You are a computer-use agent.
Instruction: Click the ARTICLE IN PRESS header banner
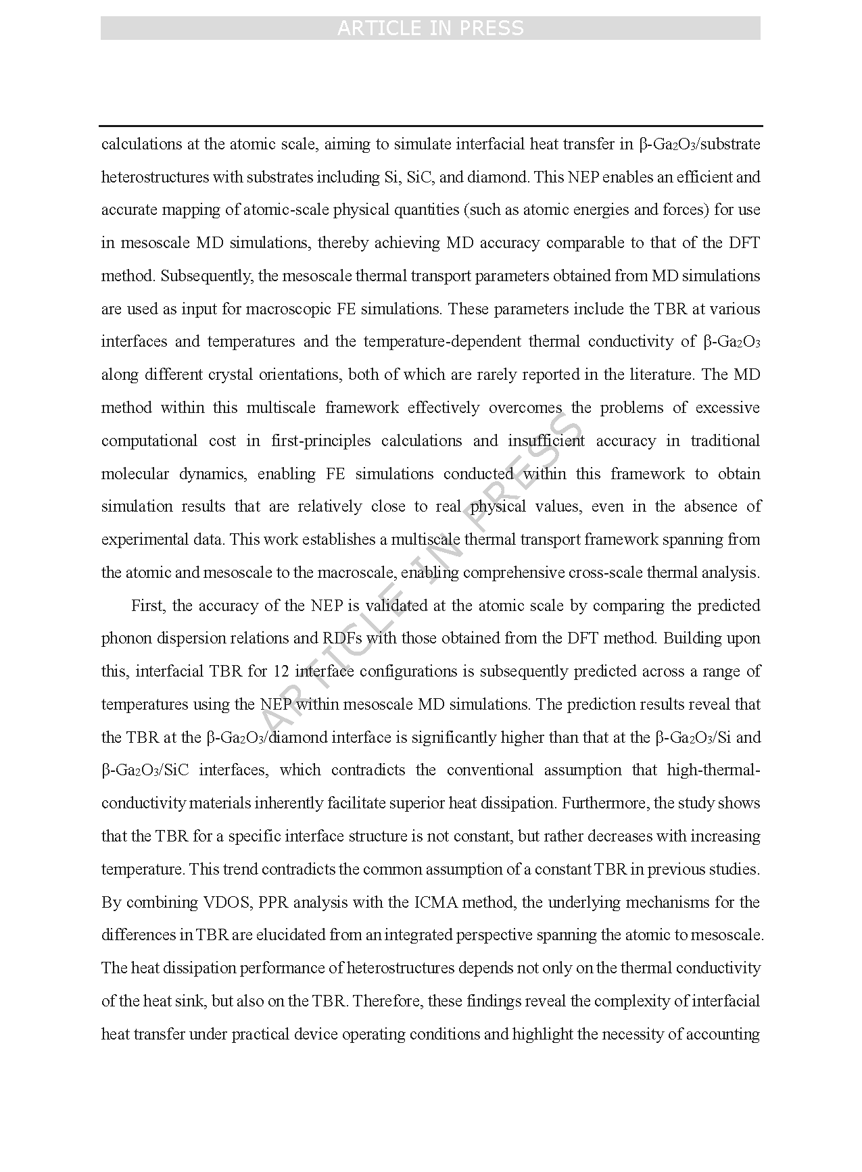click(430, 28)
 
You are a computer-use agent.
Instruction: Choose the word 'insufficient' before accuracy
click(546, 441)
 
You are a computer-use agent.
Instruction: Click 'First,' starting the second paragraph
click(147, 606)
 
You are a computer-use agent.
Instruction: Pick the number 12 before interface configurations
click(281, 671)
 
